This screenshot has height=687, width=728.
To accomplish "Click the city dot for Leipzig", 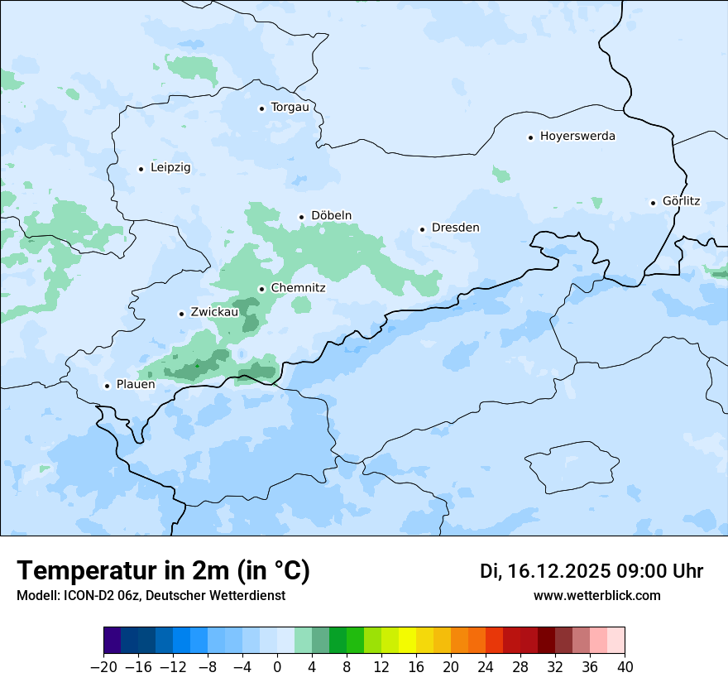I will [x=141, y=169].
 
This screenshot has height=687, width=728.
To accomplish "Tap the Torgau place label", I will [x=290, y=107].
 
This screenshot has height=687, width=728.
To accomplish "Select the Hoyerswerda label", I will [x=577, y=136].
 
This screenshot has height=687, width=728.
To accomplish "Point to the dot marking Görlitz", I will [x=653, y=203].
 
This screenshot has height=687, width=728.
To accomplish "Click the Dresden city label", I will [x=455, y=228].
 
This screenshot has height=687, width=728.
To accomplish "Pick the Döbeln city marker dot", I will [x=301, y=217].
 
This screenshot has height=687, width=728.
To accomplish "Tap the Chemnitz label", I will [x=298, y=288].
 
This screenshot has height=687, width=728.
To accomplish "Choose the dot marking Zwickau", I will [x=181, y=314].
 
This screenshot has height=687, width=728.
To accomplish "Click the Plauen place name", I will [x=136, y=385].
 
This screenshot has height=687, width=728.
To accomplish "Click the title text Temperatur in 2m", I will [x=164, y=570].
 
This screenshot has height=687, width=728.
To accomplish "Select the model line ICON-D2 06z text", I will [x=151, y=596].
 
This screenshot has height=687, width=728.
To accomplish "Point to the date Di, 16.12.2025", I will [x=544, y=571].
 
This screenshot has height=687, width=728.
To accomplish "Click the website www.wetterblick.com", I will [x=596, y=596].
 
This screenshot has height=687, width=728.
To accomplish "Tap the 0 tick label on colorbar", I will [x=277, y=667].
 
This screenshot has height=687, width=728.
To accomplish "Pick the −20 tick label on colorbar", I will [x=103, y=667].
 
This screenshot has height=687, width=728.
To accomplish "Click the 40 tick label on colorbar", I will [x=625, y=667].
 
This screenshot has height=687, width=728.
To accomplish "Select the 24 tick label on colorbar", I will [x=486, y=667].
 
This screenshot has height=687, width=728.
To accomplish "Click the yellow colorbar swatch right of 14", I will [x=408, y=641].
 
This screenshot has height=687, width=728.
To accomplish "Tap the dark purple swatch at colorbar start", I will [x=113, y=641].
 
